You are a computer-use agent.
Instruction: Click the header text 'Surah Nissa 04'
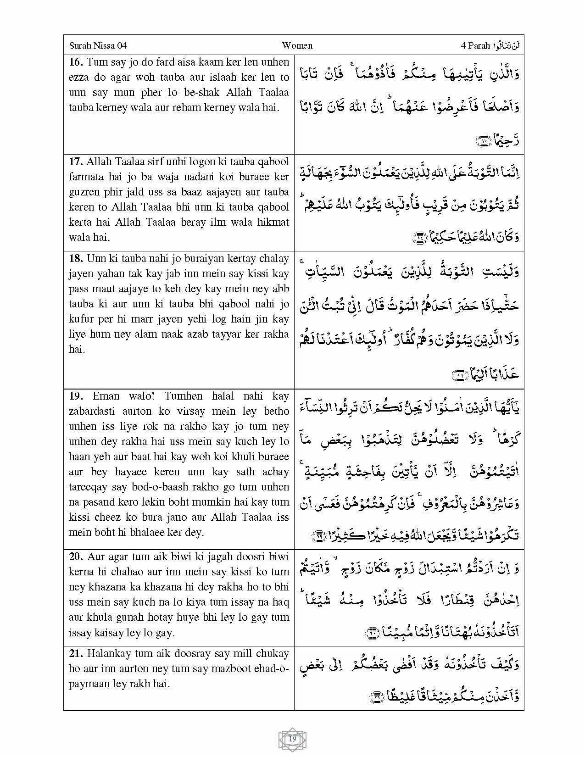coord(98,45)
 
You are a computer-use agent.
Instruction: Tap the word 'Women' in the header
coord(297,45)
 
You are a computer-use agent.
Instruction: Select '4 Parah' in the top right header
coord(476,45)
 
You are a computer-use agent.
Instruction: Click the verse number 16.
coord(76,62)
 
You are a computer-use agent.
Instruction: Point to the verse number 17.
coord(76,161)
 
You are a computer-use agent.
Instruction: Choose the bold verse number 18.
coord(76,258)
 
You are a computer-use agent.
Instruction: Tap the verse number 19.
coord(76,396)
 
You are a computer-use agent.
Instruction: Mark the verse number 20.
coord(76,557)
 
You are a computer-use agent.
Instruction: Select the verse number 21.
coord(76,653)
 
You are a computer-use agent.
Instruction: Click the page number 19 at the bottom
coord(293,739)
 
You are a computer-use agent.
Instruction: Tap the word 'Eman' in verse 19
coord(106,396)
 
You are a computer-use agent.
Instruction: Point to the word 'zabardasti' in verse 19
coord(91,411)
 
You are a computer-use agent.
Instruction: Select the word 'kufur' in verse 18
coord(81,319)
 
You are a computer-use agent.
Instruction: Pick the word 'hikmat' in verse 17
coord(273,222)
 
